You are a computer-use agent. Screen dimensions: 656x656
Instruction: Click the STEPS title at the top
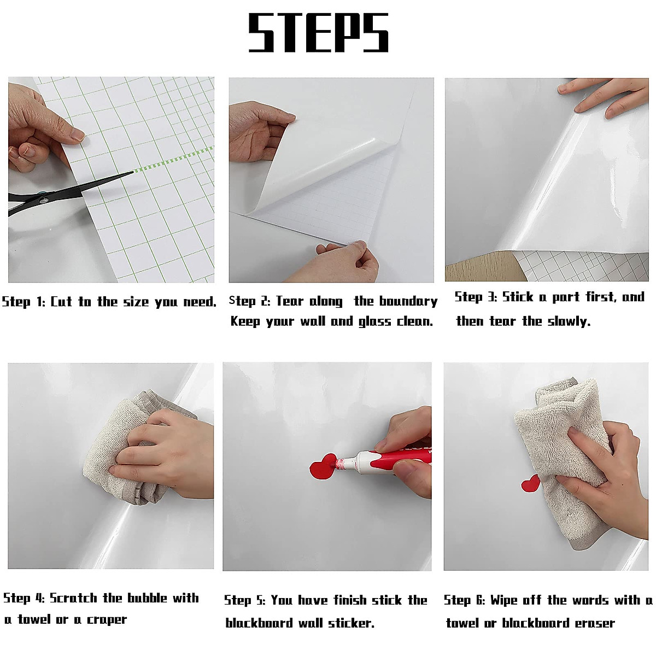(318, 33)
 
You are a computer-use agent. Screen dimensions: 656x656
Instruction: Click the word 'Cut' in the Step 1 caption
(61, 302)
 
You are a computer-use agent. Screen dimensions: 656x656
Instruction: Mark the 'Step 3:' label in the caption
(475, 297)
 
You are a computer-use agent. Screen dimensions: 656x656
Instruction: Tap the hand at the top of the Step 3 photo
(607, 96)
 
